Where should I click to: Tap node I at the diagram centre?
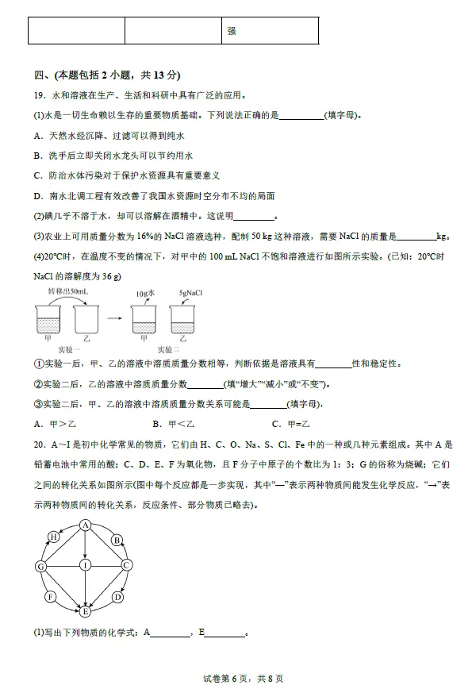[84, 565]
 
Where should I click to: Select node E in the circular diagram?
[84, 611]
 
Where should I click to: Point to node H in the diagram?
[54, 537]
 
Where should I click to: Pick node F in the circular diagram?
[51, 596]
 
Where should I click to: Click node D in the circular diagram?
[117, 596]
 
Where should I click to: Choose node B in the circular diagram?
[116, 539]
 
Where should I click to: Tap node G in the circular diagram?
[40, 566]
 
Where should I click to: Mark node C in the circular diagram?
[126, 565]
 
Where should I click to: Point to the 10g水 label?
[144, 293]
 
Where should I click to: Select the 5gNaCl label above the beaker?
[191, 293]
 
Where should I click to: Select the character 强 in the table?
[232, 31]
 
